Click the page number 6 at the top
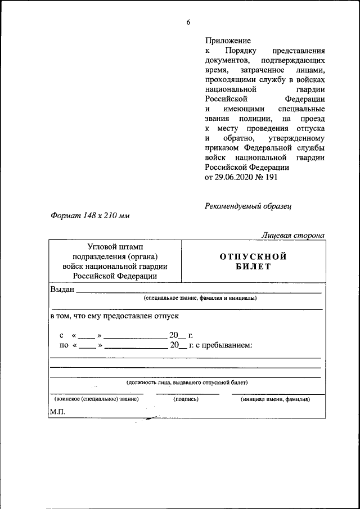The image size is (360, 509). click(188, 22)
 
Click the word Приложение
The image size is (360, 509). click(228, 41)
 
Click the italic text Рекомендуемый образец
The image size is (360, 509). click(248, 206)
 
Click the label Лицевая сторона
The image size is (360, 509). click(292, 235)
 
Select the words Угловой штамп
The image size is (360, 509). click(115, 247)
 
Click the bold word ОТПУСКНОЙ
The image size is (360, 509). click(253, 256)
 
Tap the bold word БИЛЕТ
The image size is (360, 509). click(253, 267)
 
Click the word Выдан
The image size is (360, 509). click(62, 289)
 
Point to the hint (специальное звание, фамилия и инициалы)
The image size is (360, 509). click(200, 298)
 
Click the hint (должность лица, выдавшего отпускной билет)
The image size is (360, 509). click(187, 382)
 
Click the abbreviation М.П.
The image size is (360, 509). click(57, 412)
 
